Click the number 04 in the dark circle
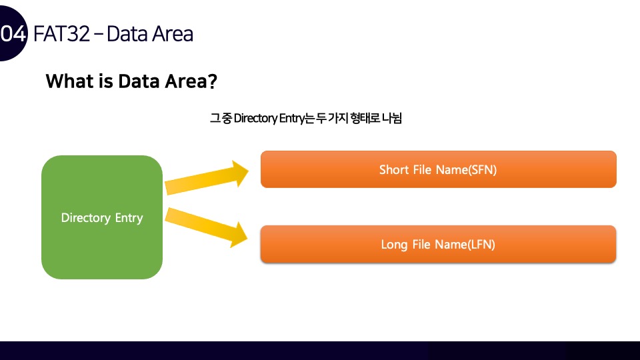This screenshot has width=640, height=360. point(13,34)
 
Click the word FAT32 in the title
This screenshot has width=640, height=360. point(61,33)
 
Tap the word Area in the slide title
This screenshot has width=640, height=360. point(172,33)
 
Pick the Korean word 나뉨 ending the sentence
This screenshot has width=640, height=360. point(393,119)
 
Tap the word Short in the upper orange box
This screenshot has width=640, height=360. point(394,170)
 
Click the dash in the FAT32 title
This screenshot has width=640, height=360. point(98,33)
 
